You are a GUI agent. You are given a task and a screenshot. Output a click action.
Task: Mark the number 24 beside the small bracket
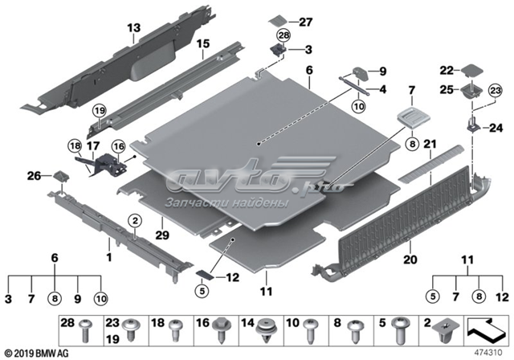[494, 127]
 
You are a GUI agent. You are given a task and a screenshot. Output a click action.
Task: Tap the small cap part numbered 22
[469, 74]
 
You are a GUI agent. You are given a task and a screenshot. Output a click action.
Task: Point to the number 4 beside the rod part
[383, 88]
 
